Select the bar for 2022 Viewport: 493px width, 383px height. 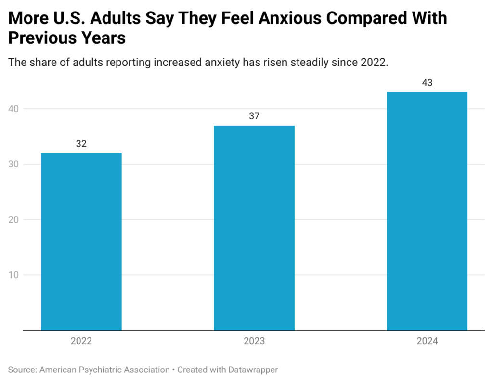tap(81, 242)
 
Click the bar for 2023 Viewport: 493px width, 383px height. tap(254, 228)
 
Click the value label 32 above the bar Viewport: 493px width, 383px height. tap(81, 144)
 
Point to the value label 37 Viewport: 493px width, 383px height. tap(254, 116)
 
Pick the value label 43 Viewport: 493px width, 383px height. tap(427, 83)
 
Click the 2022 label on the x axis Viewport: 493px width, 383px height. tap(81, 341)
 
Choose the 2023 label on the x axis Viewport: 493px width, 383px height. tap(254, 341)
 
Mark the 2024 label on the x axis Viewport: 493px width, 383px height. tap(427, 341)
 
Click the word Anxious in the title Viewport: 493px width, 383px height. tap(278, 18)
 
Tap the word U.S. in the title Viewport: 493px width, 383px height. tap(62, 18)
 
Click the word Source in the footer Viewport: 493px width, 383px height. tap(22, 370)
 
